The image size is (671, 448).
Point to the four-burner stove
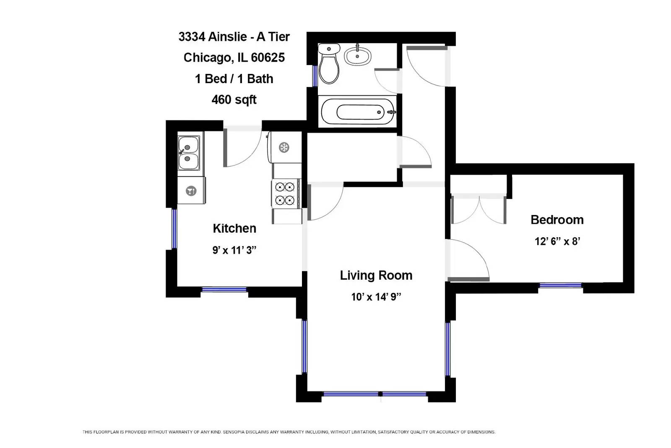pos(285,193)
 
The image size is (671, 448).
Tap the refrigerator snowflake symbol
pos(284,147)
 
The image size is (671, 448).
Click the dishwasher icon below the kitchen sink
pos(191,191)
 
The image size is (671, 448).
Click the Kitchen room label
pos(234,228)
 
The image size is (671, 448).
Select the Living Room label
pos(376,275)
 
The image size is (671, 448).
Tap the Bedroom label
pos(557,220)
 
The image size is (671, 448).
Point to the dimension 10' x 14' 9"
pos(376,297)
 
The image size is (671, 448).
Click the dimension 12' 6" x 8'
pos(557,241)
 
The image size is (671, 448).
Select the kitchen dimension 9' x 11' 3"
pos(234,250)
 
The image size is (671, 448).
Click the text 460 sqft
pos(234,100)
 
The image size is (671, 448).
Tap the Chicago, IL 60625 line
pos(234,58)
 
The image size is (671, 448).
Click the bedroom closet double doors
pos(479,209)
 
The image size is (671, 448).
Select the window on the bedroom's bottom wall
pos(560,286)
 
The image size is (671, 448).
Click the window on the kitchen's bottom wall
pos(224,289)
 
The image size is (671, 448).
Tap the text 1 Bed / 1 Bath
pos(234,79)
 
